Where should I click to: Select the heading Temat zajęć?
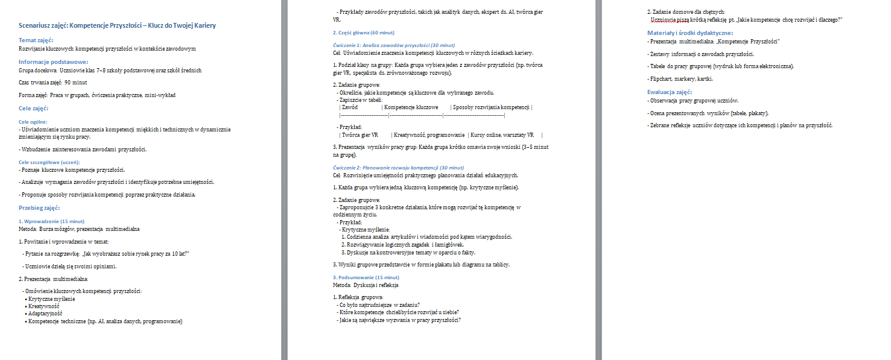point(36,40)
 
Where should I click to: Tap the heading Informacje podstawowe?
point(53,62)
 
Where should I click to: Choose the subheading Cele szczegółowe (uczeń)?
point(49,162)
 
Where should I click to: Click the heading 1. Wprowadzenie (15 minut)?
point(52,221)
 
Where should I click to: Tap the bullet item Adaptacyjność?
point(45,314)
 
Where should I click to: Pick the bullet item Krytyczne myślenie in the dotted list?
point(52,299)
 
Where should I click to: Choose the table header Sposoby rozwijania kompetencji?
point(491,107)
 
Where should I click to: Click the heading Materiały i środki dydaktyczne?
point(690,33)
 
